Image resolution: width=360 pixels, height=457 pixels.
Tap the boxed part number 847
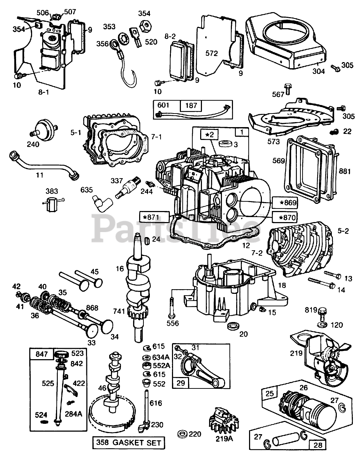(41, 355)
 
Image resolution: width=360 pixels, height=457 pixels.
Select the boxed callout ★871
(154, 217)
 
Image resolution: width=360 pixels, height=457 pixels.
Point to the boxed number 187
(191, 106)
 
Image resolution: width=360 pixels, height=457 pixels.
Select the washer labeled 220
(183, 435)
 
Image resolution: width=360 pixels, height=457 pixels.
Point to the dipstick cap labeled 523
(64, 355)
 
